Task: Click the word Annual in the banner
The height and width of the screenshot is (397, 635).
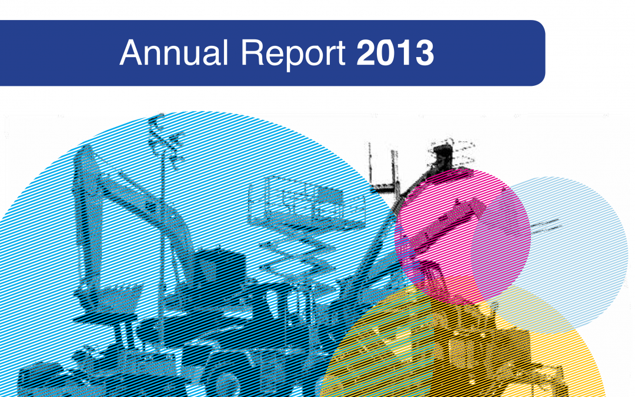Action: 173,53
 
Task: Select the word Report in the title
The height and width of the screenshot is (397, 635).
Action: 293,54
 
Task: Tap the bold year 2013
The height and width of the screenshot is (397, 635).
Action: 395,53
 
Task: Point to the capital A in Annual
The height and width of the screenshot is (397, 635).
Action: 132,52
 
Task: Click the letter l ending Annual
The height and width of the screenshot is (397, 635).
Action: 226,52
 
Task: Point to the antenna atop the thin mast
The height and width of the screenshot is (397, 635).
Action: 165,141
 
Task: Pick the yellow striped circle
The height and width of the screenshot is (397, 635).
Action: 462,348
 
